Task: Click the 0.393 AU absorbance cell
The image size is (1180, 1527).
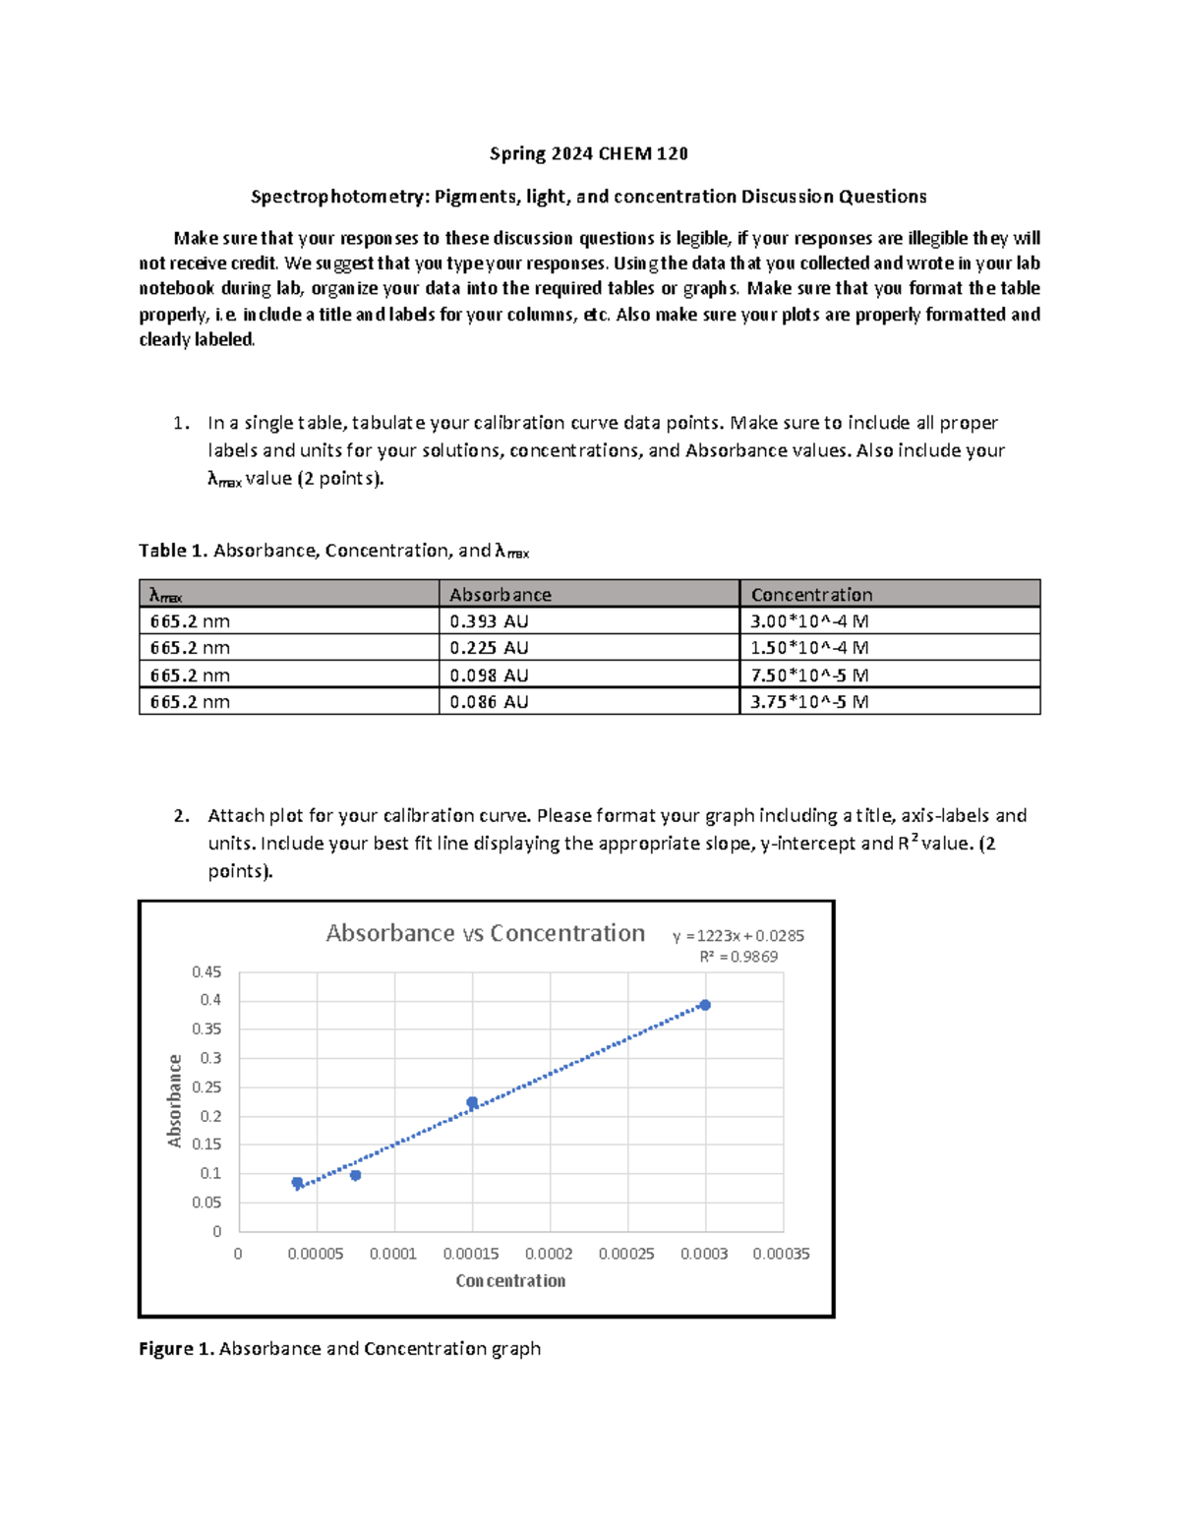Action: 489,621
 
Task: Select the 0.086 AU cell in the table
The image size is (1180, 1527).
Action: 489,702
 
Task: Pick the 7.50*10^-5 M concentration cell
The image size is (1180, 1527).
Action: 809,675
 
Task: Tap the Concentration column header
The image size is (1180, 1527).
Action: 811,595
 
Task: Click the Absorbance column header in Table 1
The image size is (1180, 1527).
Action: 500,595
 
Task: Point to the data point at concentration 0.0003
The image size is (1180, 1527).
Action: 705,1005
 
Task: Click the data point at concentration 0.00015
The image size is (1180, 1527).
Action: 472,1102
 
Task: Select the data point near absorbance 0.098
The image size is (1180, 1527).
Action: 355,1175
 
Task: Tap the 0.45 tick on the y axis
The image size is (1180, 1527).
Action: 206,972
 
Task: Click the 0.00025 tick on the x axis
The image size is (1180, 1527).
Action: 626,1254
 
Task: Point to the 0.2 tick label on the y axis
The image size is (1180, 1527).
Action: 210,1116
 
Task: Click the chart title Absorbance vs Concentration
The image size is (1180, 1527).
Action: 485,933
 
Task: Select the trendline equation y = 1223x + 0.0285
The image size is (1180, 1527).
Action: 737,936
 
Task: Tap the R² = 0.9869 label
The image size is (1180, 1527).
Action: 737,957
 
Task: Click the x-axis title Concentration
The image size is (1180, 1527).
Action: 510,1280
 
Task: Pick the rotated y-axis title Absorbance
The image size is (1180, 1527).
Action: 175,1100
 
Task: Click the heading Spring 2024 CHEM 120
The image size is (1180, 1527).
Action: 589,153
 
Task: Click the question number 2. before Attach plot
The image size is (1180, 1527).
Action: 181,815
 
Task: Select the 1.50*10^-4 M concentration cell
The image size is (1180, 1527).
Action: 809,648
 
